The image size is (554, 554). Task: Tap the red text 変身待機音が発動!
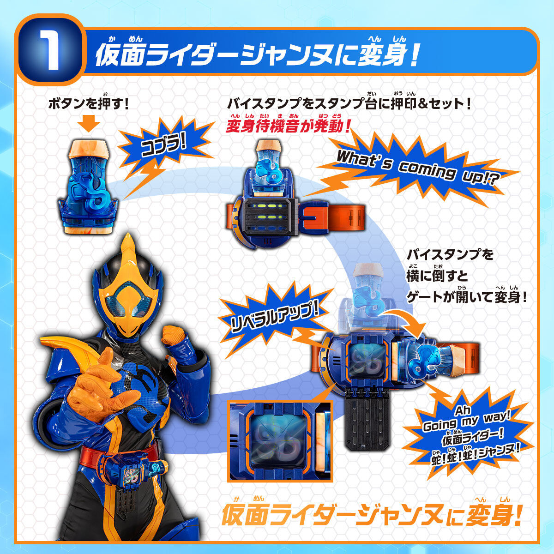(x=289, y=126)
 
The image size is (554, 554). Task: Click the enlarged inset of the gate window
(x=279, y=441)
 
